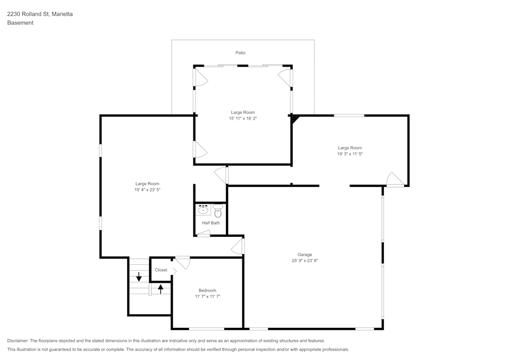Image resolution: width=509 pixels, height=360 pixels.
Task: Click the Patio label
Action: coord(241,52)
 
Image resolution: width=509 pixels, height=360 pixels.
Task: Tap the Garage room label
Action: coord(305,255)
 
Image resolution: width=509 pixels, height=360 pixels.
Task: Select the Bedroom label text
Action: coord(207,290)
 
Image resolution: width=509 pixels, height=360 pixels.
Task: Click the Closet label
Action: coord(161,270)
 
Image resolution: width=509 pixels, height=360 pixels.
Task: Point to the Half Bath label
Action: coord(211,223)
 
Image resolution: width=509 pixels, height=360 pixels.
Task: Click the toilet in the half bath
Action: coord(218,211)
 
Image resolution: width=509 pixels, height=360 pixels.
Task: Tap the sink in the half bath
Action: coord(203,209)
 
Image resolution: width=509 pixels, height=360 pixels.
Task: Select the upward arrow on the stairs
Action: coord(161,289)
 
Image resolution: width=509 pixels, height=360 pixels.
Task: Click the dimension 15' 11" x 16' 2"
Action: coord(243,119)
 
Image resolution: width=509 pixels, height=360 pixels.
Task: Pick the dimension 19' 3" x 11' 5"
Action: coord(350,154)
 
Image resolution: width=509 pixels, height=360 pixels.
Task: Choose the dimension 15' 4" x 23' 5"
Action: coord(147,189)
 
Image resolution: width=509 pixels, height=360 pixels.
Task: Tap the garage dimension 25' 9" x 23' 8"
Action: coord(305,261)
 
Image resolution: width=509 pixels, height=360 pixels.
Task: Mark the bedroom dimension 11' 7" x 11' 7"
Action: coord(207,296)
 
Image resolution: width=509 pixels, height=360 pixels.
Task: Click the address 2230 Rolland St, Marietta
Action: coord(40,14)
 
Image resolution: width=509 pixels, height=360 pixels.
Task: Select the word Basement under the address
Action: coord(20,23)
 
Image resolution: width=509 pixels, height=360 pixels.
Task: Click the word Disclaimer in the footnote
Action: coord(18,341)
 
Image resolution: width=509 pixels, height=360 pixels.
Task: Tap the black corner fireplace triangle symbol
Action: coord(295,119)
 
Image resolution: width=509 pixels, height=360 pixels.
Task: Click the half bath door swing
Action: coord(204,233)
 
